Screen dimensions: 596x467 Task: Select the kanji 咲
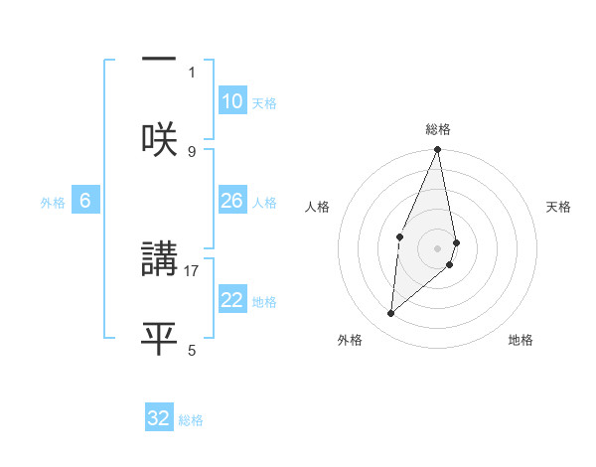coord(159,138)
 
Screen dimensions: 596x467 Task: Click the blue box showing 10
coord(231,101)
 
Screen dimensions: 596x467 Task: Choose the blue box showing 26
coord(231,201)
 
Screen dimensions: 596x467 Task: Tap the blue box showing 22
coord(231,300)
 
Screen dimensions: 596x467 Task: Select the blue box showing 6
coord(85,201)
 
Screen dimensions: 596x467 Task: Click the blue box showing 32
coord(159,418)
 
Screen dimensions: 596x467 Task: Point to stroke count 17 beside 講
coord(193,269)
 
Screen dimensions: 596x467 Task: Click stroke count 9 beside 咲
coord(192,151)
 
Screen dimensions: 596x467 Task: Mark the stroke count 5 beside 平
coord(192,350)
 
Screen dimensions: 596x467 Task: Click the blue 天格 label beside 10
coord(264,102)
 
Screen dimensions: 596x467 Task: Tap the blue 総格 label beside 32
coord(191,419)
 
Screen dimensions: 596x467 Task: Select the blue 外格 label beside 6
coord(53,202)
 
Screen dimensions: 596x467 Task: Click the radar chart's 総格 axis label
coord(438,129)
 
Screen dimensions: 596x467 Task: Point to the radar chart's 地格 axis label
coord(521,340)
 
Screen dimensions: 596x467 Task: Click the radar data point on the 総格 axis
coord(438,150)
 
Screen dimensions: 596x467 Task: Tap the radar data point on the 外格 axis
coord(391,314)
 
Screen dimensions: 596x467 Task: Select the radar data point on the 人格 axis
coord(400,236)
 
